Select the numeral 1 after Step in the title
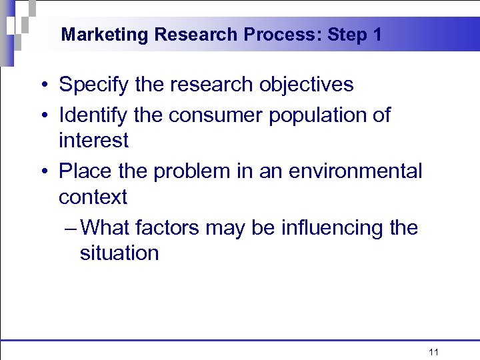377,35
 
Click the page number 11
433,351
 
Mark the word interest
93,141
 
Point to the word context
93,197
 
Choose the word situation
119,253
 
